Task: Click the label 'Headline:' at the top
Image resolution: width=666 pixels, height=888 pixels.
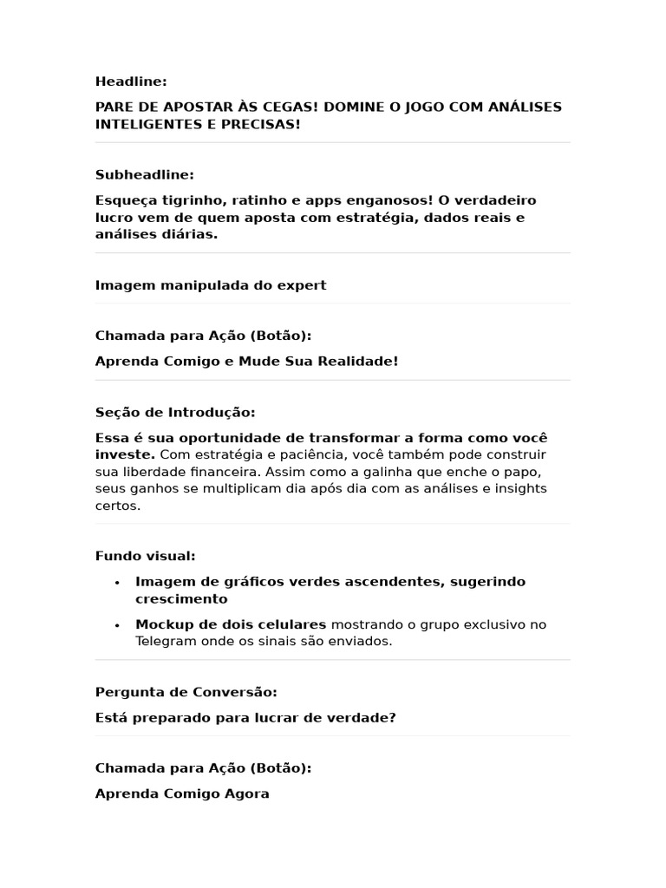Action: pos(131,82)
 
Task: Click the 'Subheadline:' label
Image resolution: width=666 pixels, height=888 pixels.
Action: pos(145,175)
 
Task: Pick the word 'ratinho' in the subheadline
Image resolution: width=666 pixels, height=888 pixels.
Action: pos(258,200)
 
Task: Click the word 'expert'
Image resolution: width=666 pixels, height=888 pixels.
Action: pos(302,285)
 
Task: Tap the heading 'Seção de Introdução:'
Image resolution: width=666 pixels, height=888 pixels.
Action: pos(175,413)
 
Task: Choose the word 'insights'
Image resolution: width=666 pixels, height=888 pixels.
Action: pos(520,488)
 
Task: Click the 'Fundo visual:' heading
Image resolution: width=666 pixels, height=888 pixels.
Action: pos(146,556)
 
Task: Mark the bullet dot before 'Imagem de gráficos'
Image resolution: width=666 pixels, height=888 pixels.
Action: pos(116,583)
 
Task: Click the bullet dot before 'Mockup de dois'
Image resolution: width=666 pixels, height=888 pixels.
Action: pos(116,625)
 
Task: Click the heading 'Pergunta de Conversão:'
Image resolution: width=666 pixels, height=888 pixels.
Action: pos(186,692)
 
